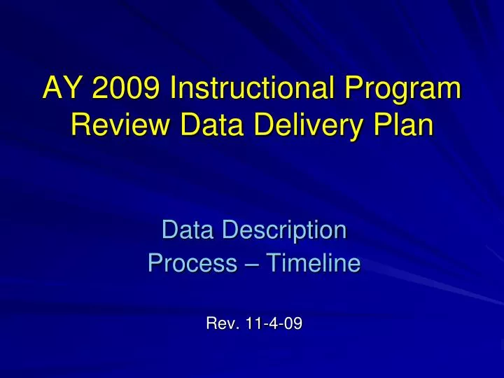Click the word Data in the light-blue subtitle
[x=187, y=229]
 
